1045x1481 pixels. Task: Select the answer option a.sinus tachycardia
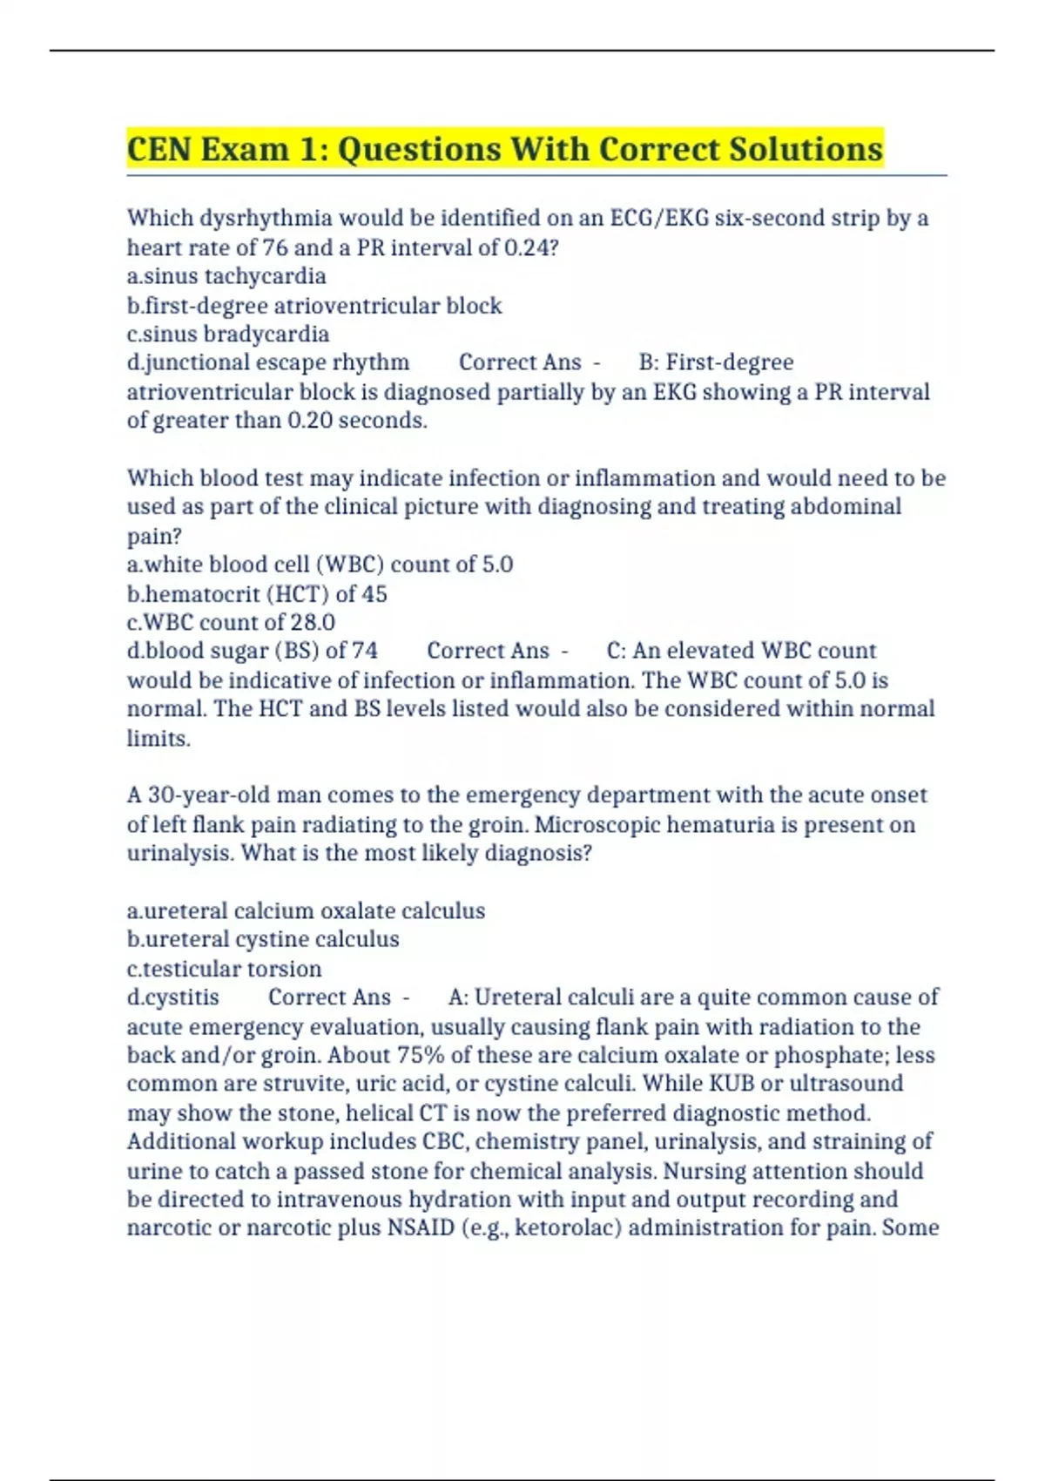click(x=226, y=276)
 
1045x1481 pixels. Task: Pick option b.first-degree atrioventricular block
click(x=314, y=306)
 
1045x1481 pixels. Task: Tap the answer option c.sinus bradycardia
click(x=228, y=335)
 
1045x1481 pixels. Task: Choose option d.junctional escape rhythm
click(x=268, y=362)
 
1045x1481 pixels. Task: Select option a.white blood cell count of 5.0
click(x=320, y=565)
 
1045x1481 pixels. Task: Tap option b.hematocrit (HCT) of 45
click(x=257, y=594)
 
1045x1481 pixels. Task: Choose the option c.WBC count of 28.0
click(x=231, y=623)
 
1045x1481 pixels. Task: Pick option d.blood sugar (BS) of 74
click(x=253, y=651)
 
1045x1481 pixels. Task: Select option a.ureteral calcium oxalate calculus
click(x=306, y=911)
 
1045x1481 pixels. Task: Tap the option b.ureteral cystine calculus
click(x=263, y=939)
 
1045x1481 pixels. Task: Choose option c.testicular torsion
click(x=224, y=969)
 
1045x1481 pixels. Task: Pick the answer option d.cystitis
click(x=173, y=997)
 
